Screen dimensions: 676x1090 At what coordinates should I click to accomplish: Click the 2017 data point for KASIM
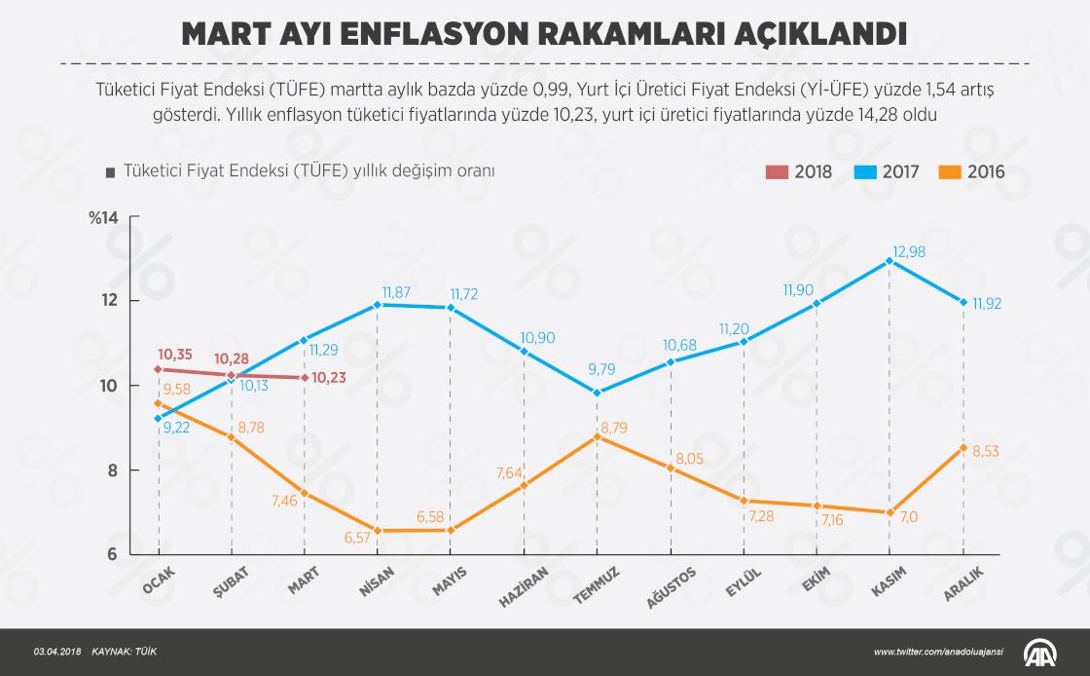click(890, 261)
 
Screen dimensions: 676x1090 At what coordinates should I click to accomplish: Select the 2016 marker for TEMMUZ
click(598, 436)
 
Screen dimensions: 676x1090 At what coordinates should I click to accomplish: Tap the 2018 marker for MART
click(305, 377)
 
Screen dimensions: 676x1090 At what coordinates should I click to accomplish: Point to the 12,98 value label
click(909, 251)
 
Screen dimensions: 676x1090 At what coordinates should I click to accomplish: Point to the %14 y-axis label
click(102, 217)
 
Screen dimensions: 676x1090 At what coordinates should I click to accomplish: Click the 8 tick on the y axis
click(111, 470)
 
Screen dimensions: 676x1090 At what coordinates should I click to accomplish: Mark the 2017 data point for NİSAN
click(378, 304)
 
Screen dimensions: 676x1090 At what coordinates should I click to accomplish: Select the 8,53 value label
click(987, 450)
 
